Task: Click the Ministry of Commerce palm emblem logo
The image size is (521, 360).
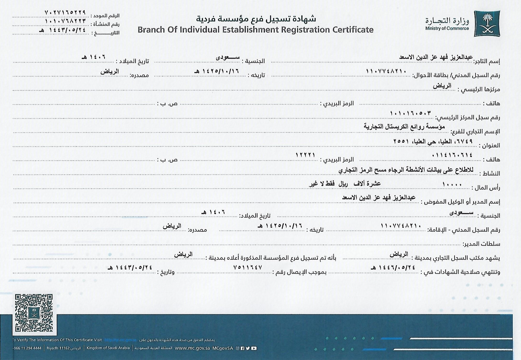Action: [487, 23]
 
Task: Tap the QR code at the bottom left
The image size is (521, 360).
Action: [34, 313]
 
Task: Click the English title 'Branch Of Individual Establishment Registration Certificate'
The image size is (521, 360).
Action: [255, 30]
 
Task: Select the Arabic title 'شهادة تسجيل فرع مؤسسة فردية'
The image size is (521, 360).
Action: [256, 19]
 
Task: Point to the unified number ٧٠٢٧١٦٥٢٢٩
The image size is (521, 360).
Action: [65, 12]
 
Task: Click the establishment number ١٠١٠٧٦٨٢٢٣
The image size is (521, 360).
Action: [65, 21]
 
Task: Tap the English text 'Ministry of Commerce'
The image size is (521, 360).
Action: [447, 29]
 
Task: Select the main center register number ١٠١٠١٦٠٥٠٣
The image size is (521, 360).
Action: [410, 113]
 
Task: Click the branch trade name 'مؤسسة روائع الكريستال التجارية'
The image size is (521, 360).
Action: [404, 127]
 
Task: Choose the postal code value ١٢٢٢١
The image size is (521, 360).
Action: [305, 155]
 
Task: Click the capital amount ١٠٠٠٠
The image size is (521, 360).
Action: [452, 185]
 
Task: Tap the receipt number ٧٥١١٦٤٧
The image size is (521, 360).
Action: [247, 267]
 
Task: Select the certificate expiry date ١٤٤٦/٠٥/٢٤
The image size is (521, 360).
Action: [393, 267]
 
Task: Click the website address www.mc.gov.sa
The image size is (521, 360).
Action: [192, 348]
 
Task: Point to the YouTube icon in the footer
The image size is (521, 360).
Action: [254, 348]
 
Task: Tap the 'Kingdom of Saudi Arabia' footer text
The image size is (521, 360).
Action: [108, 348]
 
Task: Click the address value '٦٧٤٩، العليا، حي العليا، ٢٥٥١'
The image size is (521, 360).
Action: [433, 141]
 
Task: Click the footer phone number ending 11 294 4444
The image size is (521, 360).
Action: [28, 348]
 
